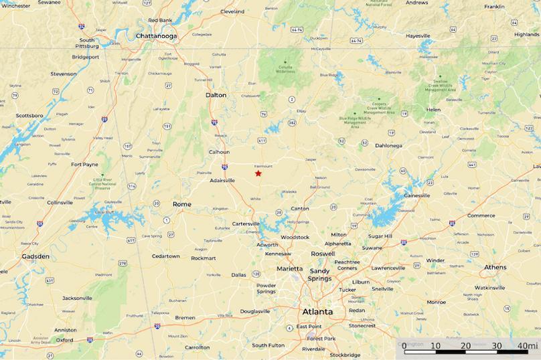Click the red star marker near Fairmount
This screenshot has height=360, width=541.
click(x=258, y=173)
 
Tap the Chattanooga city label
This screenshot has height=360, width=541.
click(x=156, y=36)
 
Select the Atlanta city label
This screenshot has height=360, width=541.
click(x=317, y=312)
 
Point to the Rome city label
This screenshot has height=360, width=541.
click(x=181, y=204)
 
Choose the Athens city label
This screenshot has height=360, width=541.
click(x=495, y=268)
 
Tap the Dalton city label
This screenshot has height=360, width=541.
click(x=216, y=95)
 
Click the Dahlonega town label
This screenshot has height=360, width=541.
click(x=389, y=145)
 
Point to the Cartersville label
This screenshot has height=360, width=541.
click(x=246, y=223)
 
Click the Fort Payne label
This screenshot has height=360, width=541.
click(x=85, y=164)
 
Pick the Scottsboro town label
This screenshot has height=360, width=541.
click(x=29, y=115)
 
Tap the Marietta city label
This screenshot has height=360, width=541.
click(x=290, y=268)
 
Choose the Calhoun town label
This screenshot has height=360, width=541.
click(x=219, y=152)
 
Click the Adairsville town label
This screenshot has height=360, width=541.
click(x=222, y=181)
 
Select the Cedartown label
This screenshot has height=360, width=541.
click(x=165, y=256)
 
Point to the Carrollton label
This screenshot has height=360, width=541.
click(x=197, y=347)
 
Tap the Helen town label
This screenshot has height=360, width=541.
click(x=433, y=110)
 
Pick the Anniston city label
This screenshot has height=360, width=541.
click(x=65, y=330)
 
